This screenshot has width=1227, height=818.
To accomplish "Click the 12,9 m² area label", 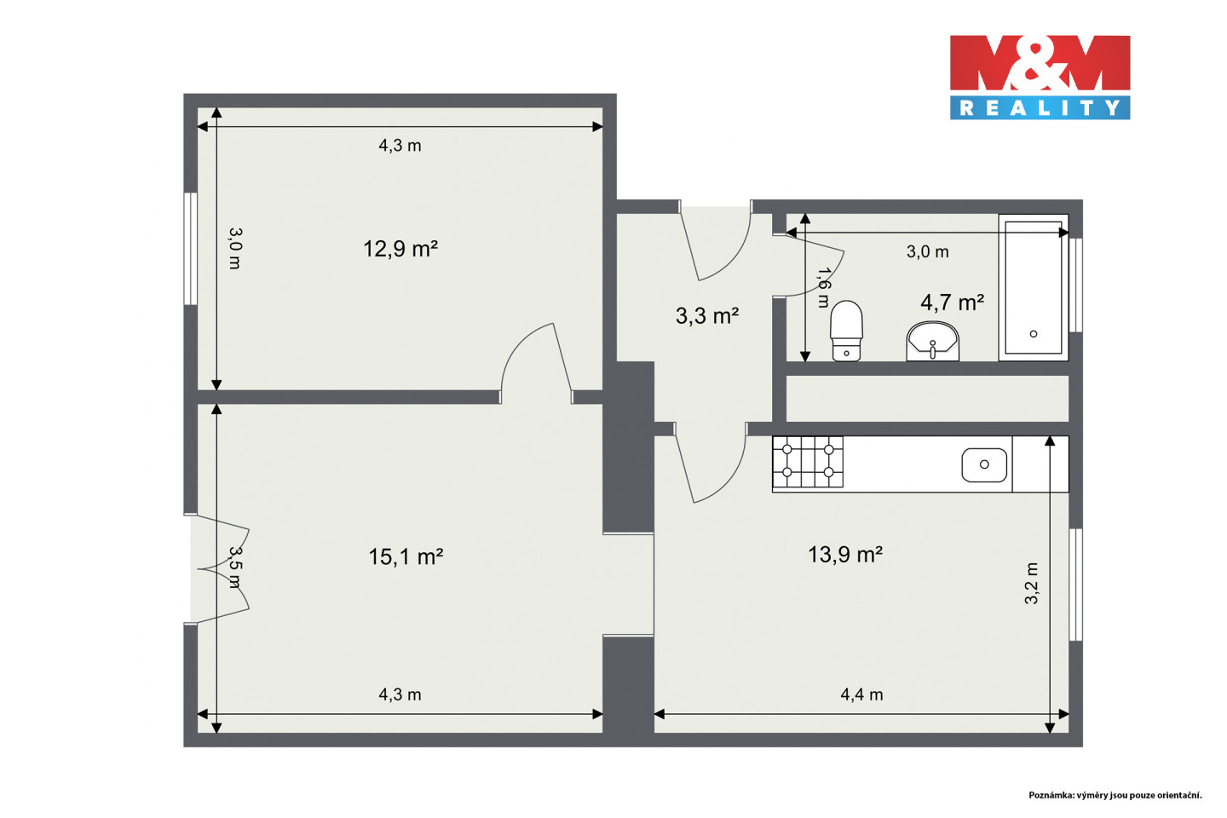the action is click(x=400, y=249).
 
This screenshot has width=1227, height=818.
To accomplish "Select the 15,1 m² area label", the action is click(x=406, y=556).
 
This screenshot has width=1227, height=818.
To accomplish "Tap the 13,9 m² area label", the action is click(x=845, y=555).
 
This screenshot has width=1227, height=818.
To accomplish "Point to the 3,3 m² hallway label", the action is click(x=707, y=315).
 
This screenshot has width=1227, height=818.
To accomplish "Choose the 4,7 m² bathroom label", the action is click(x=952, y=302).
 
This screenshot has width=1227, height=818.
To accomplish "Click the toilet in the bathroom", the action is click(x=846, y=331).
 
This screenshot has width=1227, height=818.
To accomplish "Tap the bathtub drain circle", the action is click(x=1034, y=334).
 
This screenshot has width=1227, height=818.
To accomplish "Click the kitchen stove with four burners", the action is click(x=808, y=462).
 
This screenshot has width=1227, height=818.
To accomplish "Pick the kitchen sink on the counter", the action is click(x=984, y=464).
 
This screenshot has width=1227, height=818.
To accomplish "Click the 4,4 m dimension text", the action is click(x=861, y=694).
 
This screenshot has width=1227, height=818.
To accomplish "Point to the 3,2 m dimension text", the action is click(x=1031, y=584).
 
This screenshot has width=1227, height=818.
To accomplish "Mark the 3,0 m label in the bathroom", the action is click(x=927, y=251).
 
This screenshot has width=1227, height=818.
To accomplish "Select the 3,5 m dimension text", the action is click(x=234, y=567).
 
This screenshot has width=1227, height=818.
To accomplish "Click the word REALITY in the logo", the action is click(x=1040, y=108).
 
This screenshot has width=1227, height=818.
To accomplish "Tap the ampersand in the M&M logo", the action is click(x=1040, y=63).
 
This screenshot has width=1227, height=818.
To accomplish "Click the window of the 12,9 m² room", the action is click(x=190, y=249).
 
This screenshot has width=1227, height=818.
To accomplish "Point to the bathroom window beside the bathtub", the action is click(x=1076, y=285).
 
